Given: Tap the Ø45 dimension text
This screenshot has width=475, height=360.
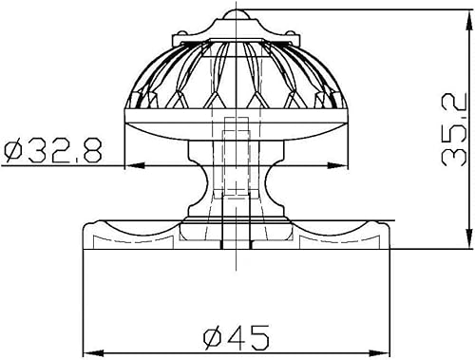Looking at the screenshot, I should click(237, 335).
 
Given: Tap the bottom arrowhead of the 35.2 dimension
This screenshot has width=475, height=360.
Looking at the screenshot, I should click(470, 242).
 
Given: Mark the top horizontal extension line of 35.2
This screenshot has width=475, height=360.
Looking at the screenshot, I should click(361, 9).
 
